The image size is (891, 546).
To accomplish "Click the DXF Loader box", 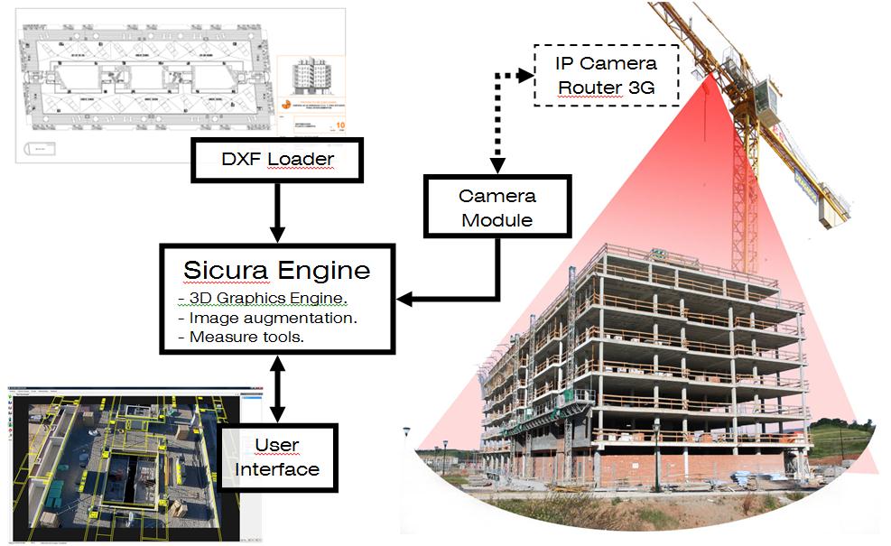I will point(276,161).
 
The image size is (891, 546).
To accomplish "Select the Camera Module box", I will point(497,208).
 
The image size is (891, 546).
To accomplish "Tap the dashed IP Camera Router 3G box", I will point(606,75).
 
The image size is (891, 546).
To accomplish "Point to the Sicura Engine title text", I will point(277,270).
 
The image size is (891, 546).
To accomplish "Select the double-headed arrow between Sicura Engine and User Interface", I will point(276,389).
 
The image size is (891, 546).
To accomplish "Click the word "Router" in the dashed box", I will point(589,88).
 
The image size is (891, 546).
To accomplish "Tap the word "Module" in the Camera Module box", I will point(497,219).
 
